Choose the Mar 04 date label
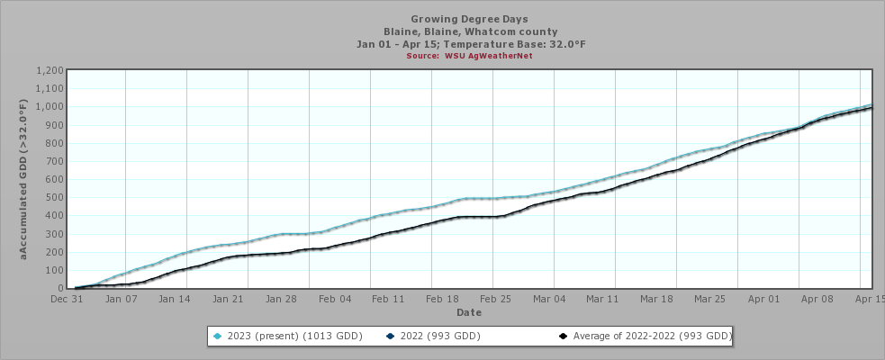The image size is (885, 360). click(548, 298)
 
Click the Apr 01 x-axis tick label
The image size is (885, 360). click(763, 298)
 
